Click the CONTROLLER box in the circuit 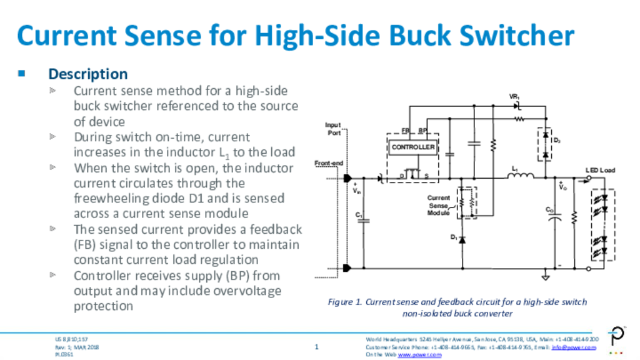click(412, 147)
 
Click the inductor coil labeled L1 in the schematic click(520, 177)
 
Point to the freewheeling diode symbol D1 click(462, 239)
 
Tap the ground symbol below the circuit click(545, 276)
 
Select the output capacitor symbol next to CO click(554, 218)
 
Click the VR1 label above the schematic click(514, 97)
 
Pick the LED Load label click(599, 170)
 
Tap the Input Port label click(333, 129)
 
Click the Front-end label click(329, 164)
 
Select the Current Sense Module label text click(438, 206)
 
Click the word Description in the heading click(88, 74)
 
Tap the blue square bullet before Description click(22, 74)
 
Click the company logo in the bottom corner click(618, 336)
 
